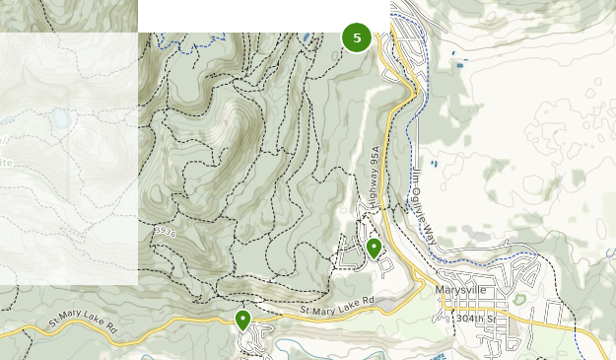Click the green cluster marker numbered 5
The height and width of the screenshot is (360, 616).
click(x=357, y=38)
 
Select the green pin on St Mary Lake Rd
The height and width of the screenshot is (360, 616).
click(x=242, y=319)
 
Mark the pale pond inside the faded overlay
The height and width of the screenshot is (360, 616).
click(x=61, y=120)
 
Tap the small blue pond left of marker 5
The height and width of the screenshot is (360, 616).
click(x=308, y=38)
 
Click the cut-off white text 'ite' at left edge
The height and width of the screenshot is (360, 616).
click(x=6, y=161)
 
